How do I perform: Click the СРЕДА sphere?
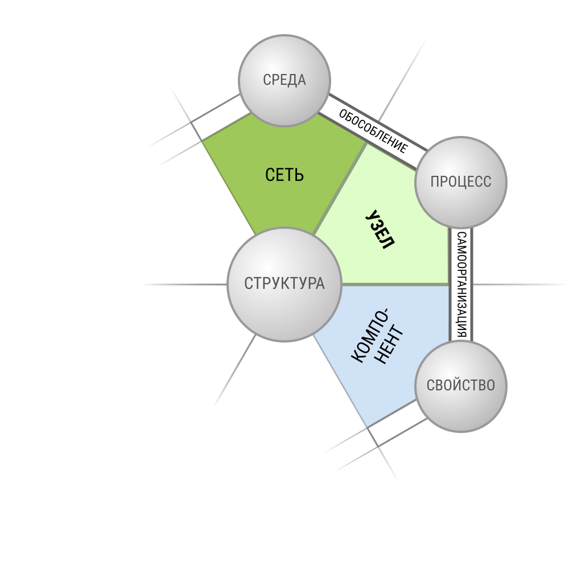(x=284, y=81)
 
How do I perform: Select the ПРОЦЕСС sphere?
(x=461, y=182)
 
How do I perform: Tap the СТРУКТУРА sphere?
(x=284, y=284)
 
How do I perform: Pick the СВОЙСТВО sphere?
(x=461, y=386)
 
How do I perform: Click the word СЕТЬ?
(x=284, y=175)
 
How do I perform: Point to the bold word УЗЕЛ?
(x=380, y=230)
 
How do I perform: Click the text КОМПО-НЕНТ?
(x=377, y=336)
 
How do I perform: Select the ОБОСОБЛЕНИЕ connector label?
(x=373, y=131)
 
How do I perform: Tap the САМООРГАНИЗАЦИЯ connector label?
(x=461, y=285)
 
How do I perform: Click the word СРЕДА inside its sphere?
(x=284, y=80)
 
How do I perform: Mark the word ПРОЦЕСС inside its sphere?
(x=461, y=182)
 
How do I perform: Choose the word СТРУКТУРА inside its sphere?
(x=284, y=283)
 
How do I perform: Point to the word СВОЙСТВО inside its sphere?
(x=461, y=385)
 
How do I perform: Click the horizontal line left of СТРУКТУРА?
(x=185, y=284)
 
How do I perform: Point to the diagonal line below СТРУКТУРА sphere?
(x=235, y=370)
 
